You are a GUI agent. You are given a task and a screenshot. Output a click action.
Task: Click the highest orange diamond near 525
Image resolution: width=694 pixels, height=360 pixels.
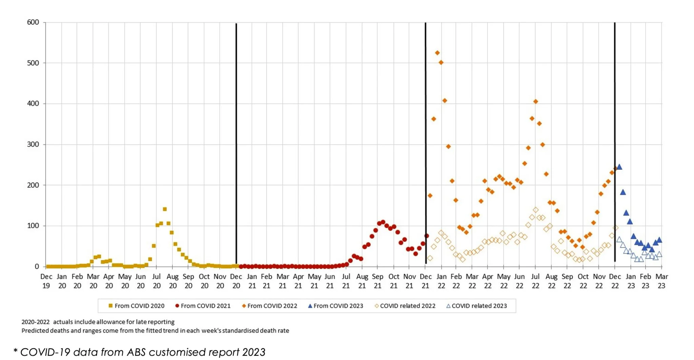437,53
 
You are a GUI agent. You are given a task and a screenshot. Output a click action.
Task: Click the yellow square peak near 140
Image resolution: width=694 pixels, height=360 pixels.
165,209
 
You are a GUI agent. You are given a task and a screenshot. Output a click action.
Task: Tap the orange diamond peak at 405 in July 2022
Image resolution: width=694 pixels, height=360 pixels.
535,101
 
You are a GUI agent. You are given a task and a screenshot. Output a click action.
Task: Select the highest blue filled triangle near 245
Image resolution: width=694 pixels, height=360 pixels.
619,167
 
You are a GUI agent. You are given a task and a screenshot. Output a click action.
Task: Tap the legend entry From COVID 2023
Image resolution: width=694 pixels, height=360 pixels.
335,306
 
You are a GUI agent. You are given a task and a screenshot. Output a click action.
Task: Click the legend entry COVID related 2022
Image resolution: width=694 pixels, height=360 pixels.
405,306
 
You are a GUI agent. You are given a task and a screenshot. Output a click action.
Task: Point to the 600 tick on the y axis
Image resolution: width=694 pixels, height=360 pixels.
33,22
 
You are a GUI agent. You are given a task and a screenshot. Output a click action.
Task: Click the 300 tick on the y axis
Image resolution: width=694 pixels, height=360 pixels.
33,144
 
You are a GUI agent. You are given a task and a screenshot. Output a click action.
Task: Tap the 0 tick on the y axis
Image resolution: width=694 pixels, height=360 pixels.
37,267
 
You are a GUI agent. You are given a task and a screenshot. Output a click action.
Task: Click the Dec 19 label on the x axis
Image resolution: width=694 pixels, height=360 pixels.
46,281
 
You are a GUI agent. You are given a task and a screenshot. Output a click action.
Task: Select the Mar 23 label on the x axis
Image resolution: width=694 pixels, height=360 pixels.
661,281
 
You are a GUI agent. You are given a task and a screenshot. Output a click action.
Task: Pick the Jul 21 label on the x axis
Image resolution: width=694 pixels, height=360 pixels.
346,281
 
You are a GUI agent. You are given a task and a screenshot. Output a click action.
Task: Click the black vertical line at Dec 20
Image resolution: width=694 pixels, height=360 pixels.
236,136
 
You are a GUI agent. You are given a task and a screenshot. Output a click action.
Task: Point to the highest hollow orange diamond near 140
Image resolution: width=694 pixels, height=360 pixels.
535,210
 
